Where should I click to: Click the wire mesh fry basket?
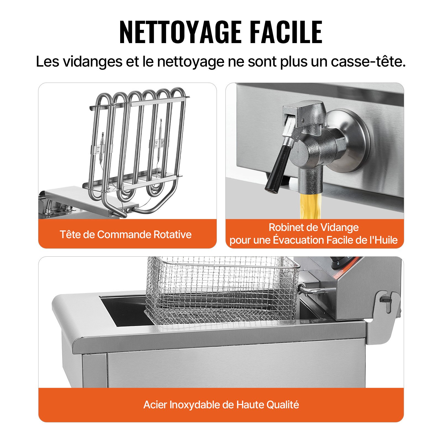pos(221,290)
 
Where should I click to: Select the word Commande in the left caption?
pos(124,235)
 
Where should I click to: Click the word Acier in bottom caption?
pos(155,405)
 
